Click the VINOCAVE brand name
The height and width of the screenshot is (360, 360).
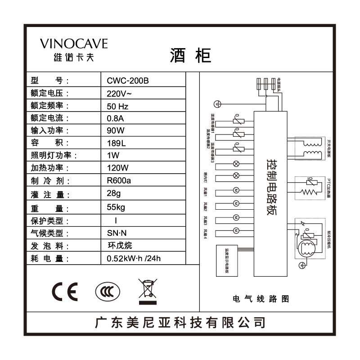coord(74,44)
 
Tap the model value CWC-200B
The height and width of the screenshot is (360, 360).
coord(128,81)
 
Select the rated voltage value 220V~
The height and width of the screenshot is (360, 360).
coord(119,94)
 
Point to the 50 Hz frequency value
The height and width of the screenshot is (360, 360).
coord(118,106)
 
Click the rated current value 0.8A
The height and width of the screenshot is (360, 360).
coord(115,118)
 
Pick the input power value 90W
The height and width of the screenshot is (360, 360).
coord(115,131)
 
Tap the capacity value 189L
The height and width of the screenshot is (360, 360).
coord(116,143)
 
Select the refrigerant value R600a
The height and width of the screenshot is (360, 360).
coord(119,181)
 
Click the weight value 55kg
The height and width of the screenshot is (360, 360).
coord(116,208)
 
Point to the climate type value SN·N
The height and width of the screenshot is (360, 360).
coord(118,234)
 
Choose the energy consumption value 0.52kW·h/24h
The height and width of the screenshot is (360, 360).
coord(134,259)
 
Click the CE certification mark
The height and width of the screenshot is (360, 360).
coord(65,292)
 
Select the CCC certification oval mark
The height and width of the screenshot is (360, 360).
coord(108,292)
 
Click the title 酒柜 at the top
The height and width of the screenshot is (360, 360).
coord(190,55)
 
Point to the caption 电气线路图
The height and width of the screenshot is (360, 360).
coord(261,299)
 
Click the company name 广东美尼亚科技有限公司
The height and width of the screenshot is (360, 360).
coord(180,323)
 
